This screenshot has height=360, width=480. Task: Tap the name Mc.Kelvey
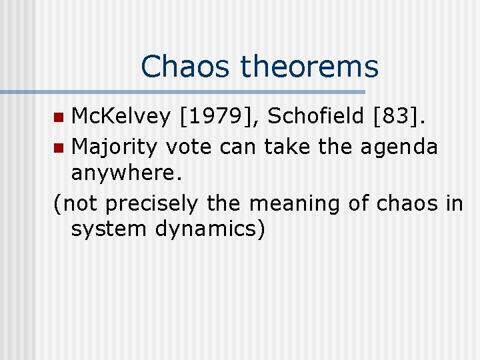point(121,118)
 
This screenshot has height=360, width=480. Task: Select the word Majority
point(115,146)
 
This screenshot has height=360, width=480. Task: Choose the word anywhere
point(125,174)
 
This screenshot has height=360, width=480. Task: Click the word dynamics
point(211,229)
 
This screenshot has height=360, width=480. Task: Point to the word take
point(288,146)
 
